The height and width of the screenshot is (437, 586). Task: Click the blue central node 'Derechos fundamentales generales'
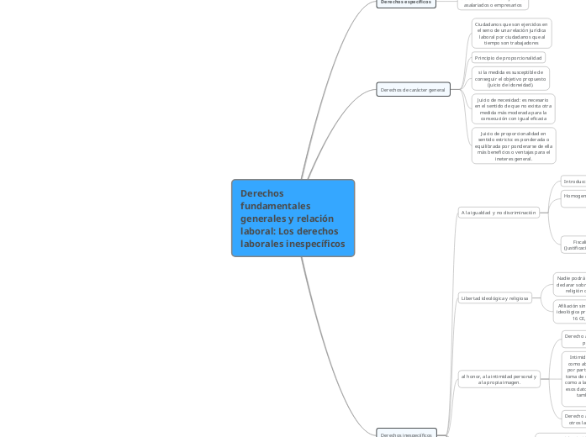pos(293,218)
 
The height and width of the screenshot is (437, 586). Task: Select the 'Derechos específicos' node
pos(406,3)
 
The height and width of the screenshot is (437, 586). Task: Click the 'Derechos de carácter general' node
pos(413,89)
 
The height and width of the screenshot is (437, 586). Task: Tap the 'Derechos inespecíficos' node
pos(406,434)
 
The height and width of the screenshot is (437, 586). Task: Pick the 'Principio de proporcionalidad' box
pos(507,58)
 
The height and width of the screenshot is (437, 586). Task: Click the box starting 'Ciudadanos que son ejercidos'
pos(511,34)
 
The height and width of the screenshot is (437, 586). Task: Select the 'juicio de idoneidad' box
pos(510,78)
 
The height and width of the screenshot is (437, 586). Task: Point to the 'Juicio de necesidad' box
pos(512,109)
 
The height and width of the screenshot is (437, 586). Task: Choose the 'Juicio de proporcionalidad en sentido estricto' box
pos(513,145)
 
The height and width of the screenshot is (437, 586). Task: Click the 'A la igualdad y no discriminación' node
pos(499,213)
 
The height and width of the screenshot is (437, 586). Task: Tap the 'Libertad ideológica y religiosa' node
pos(494,297)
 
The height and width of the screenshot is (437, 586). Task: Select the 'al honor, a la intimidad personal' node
pos(499,380)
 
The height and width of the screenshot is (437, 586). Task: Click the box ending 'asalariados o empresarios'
pos(494,4)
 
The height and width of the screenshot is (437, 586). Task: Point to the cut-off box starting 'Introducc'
pos(573,182)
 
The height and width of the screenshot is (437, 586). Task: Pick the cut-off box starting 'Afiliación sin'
pos(569,311)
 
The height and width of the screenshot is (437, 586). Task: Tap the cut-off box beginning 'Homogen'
pos(573,197)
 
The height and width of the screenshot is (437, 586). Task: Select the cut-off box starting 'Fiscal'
pos(574,245)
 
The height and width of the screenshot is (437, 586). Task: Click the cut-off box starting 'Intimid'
pos(573,379)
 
